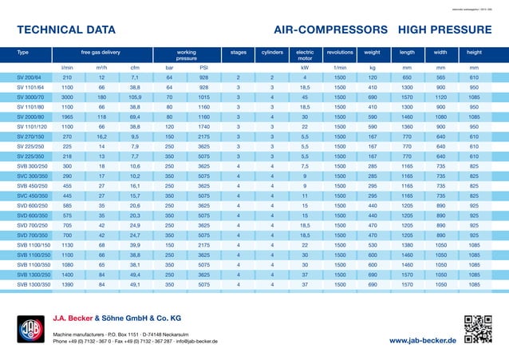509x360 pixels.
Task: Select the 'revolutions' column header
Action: pyautogui.click(x=340, y=52)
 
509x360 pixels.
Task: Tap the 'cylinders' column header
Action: pyautogui.click(x=272, y=52)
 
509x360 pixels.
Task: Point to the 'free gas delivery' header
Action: pyautogui.click(x=101, y=52)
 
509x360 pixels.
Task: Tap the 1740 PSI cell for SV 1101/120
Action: pyautogui.click(x=204, y=126)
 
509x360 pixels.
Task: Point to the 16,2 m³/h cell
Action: pyautogui.click(x=101, y=136)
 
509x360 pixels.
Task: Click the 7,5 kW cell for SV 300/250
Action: pyautogui.click(x=305, y=166)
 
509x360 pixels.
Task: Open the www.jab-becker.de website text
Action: pyautogui.click(x=423, y=341)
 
